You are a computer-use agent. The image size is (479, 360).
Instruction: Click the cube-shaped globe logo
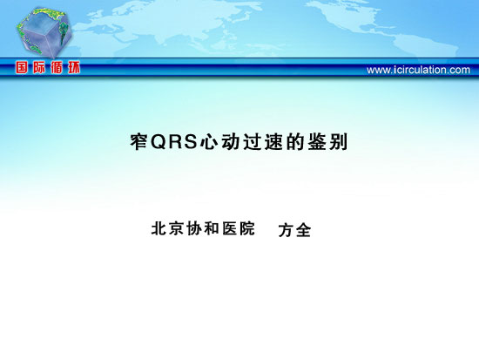click(44, 32)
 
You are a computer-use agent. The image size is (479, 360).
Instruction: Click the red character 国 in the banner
click(22, 67)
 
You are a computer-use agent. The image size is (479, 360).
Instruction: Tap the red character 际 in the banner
click(39, 67)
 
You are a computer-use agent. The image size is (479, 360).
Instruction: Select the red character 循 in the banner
click(57, 67)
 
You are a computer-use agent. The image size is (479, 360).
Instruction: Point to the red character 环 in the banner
click(74, 67)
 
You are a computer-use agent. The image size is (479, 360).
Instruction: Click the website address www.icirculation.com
click(418, 70)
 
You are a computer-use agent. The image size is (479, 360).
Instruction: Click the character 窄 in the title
click(139, 141)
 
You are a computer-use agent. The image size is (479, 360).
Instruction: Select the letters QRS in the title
click(174, 141)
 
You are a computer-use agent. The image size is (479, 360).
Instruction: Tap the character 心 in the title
click(208, 142)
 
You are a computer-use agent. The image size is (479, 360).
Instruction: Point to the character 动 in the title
click(230, 142)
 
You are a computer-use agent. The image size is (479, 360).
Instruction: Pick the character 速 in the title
click(273, 142)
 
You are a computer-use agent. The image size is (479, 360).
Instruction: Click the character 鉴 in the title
click(317, 142)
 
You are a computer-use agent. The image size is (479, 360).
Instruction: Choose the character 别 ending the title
click(339, 142)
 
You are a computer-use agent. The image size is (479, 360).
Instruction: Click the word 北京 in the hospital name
click(167, 228)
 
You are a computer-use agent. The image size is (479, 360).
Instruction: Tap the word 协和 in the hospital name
click(203, 228)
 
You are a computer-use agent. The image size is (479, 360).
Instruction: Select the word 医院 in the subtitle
click(239, 228)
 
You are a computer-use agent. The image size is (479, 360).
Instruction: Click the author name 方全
click(294, 230)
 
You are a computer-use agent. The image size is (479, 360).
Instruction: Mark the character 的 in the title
click(295, 142)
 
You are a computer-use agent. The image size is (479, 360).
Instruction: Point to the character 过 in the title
click(252, 142)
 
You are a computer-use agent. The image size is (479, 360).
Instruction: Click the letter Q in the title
click(159, 142)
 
